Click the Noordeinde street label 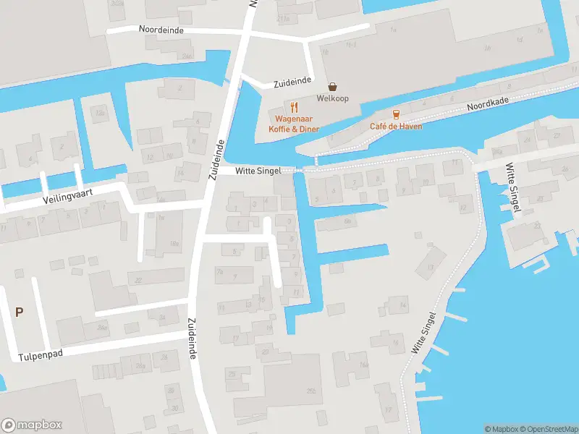point(161,30)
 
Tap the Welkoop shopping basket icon point(332,86)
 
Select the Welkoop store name point(332,98)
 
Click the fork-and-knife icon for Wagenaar point(295,107)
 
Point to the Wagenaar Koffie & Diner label point(294,123)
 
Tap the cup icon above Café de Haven point(395,114)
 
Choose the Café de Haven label point(396,126)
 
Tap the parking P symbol point(20,312)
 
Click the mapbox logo point(31,425)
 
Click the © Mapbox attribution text point(500,429)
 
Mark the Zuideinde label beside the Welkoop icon point(292,83)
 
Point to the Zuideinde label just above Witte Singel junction point(215,158)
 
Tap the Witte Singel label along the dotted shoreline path point(426,332)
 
